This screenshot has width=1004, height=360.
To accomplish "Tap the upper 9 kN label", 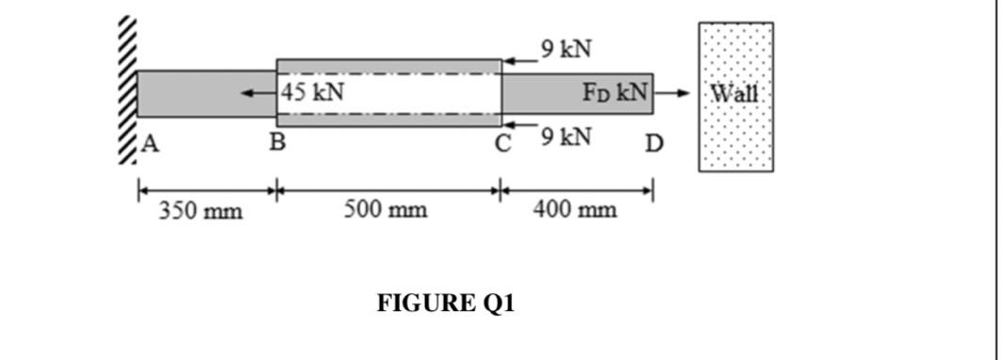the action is (x=567, y=47).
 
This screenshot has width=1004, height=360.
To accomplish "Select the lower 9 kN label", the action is (x=567, y=137).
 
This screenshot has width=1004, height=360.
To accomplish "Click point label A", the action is (x=151, y=144).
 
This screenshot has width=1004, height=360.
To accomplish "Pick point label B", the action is (x=277, y=144).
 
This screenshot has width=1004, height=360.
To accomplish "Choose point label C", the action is (x=504, y=144).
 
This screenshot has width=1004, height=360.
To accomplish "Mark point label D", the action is (x=654, y=144).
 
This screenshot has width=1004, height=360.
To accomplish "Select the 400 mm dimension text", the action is (x=574, y=209).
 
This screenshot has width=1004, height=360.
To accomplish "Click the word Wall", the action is (x=734, y=93).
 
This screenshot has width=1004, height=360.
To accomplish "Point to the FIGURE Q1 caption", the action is (x=446, y=303).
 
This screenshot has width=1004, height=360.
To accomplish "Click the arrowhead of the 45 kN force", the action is (x=246, y=93).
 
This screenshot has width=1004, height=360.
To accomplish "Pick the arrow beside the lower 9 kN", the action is (x=518, y=123).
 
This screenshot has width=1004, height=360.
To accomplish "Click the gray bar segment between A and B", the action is (x=206, y=93).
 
